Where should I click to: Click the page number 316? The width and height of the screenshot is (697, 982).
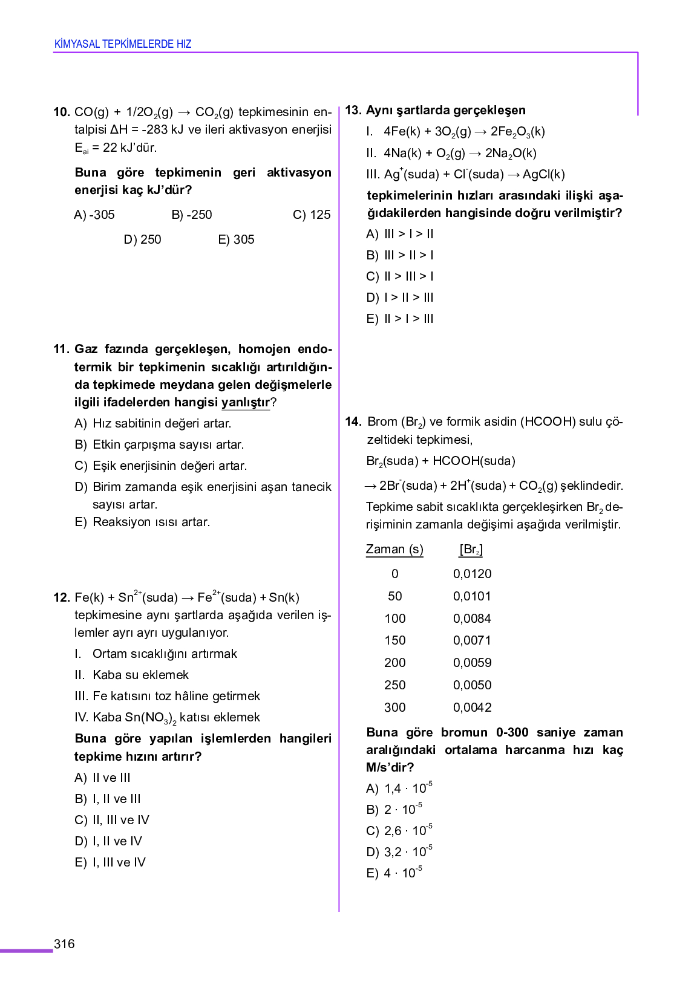(x=64, y=944)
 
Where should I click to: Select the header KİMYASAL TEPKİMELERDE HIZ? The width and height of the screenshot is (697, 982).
(x=123, y=44)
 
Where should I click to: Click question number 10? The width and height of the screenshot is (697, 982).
(x=62, y=112)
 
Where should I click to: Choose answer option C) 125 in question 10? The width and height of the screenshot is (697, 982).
(x=312, y=215)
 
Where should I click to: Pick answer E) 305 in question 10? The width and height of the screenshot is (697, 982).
(x=236, y=239)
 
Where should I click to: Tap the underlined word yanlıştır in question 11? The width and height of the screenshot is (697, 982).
(x=246, y=403)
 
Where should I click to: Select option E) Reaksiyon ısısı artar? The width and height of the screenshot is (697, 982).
(x=142, y=522)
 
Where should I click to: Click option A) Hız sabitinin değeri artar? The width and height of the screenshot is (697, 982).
(x=152, y=423)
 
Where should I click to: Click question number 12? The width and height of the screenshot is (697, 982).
(x=62, y=597)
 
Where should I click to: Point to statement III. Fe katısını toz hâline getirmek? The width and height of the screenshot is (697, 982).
(x=167, y=696)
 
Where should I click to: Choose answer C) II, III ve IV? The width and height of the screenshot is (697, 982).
(x=112, y=820)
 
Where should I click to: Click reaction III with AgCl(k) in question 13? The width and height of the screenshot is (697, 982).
(x=465, y=174)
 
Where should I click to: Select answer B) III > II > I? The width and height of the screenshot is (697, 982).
(x=400, y=255)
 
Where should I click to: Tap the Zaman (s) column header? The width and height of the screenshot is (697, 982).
(x=394, y=549)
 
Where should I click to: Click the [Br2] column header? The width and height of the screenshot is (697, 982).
(x=471, y=549)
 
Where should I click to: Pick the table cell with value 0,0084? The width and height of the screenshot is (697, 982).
(x=472, y=619)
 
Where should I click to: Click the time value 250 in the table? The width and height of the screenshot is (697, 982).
(x=394, y=685)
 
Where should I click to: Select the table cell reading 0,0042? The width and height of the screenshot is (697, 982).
(x=472, y=707)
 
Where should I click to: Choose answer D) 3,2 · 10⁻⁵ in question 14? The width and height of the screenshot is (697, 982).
(x=399, y=852)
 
